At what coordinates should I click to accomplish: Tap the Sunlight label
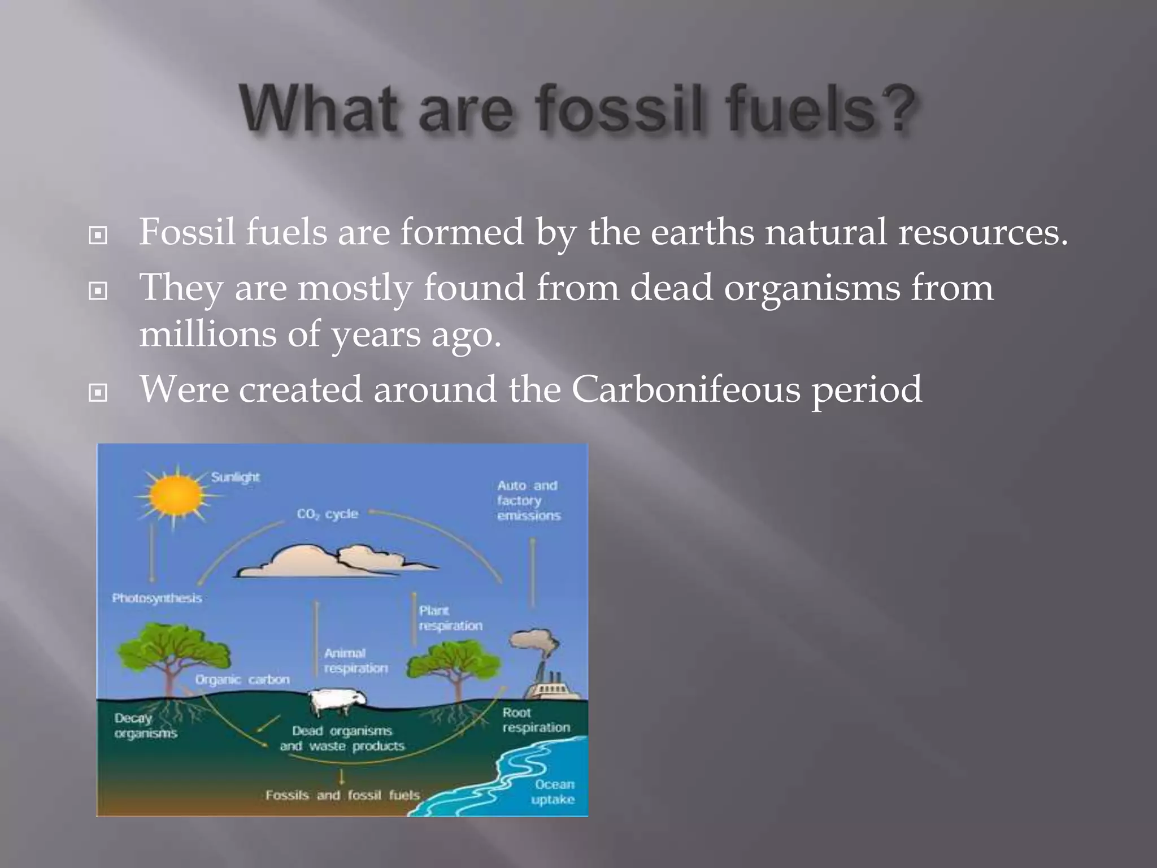235,478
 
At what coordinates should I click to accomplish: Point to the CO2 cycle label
328,514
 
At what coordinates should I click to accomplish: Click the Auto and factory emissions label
528,501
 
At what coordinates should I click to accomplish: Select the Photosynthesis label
157,598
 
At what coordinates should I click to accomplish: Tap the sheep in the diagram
339,701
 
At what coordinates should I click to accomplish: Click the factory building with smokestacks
551,687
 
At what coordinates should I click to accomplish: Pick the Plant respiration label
450,618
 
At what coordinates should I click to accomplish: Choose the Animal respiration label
356,661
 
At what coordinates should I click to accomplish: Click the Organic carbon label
242,680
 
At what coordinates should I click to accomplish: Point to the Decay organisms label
146,726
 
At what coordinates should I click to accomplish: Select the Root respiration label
536,720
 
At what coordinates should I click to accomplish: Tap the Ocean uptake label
554,792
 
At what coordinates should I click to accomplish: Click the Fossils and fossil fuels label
343,796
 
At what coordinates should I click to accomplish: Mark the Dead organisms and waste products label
342,739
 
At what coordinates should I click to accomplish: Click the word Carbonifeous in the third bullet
686,389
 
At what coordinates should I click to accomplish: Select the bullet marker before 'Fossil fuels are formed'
98,235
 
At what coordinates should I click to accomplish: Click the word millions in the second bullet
208,334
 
